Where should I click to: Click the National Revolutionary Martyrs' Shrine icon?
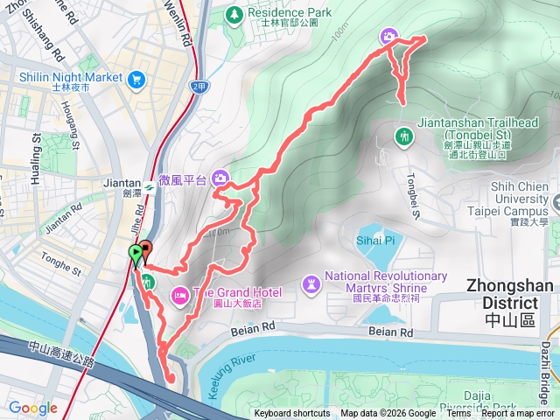pyautogui.click(x=311, y=283)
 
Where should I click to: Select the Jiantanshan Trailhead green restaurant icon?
pyautogui.click(x=404, y=136)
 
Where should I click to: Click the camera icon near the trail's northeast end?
pyautogui.click(x=388, y=36)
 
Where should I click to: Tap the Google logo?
pyautogui.click(x=32, y=408)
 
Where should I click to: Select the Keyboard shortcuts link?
pyautogui.click(x=292, y=414)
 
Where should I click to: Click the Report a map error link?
pyautogui.click(x=517, y=414)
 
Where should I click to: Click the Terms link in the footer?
pyautogui.click(x=458, y=414)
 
